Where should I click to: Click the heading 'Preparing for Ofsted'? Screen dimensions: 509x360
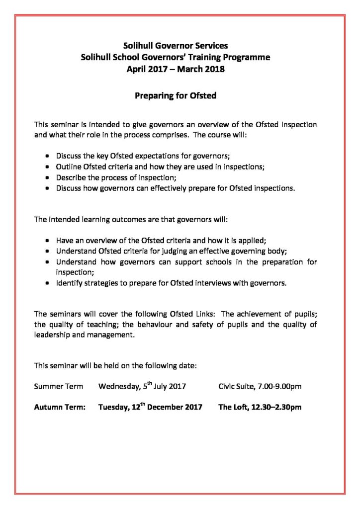point(176,95)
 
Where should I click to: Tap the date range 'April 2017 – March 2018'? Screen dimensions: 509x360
point(176,69)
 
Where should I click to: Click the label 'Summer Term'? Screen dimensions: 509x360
point(58,386)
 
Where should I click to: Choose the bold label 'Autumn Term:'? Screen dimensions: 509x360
point(60,408)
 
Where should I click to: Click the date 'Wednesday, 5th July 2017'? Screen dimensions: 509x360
point(142,386)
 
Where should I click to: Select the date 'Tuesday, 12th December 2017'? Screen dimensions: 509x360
point(150,408)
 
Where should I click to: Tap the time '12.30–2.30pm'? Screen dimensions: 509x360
point(278,408)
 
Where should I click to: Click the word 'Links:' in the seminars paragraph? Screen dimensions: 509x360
point(203,314)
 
